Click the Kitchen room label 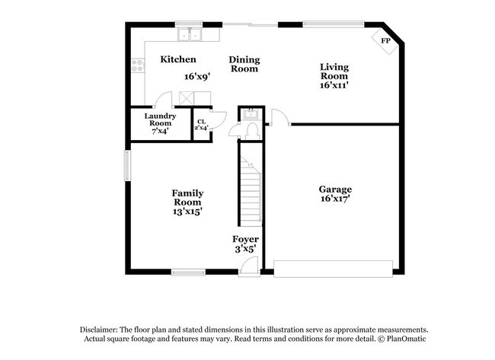point(178,59)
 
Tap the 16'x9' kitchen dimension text point(197,76)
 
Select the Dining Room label point(244,64)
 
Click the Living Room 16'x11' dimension point(334,85)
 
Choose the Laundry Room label point(160,119)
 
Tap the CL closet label point(201,122)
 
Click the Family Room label point(187,198)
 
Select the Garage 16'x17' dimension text point(335,199)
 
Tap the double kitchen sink point(189,34)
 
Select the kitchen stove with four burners point(138,66)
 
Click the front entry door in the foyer point(247,266)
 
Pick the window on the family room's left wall point(127,164)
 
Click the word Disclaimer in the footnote point(101,330)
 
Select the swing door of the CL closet point(219,119)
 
